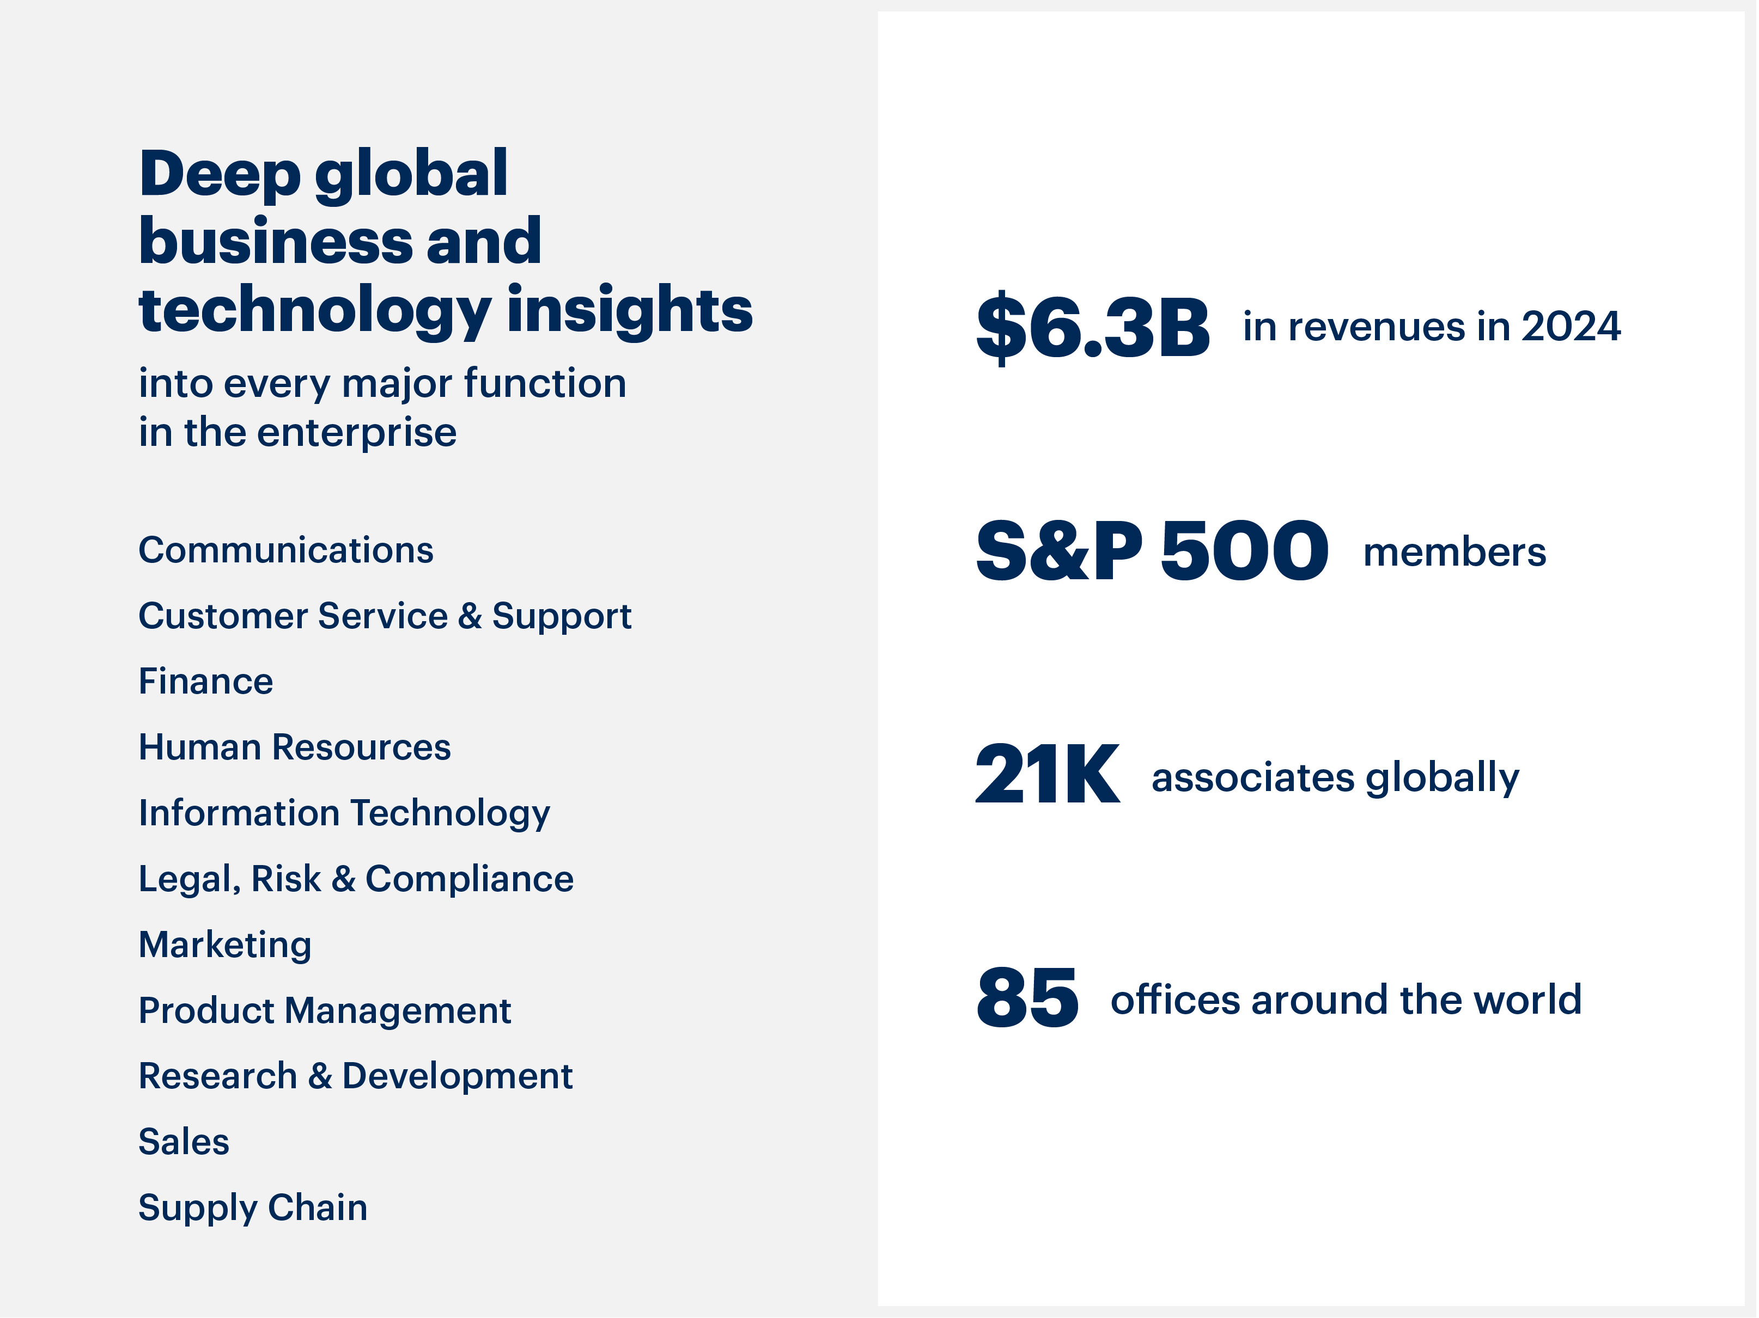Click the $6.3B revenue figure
click(x=1093, y=327)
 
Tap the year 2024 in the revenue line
click(x=1571, y=327)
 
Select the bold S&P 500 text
click(x=1152, y=551)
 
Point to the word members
click(x=1454, y=553)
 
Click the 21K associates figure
click(x=1048, y=775)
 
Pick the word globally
click(x=1442, y=777)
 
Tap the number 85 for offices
click(x=1027, y=998)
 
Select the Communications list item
click(x=285, y=550)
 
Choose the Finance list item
click(x=206, y=681)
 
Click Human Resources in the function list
click(x=294, y=747)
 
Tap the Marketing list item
click(x=225, y=945)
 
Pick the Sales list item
click(x=184, y=1142)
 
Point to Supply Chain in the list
click(x=253, y=1208)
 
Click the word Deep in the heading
click(x=220, y=174)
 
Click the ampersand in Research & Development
click(x=320, y=1076)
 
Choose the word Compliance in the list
click(x=469, y=879)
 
